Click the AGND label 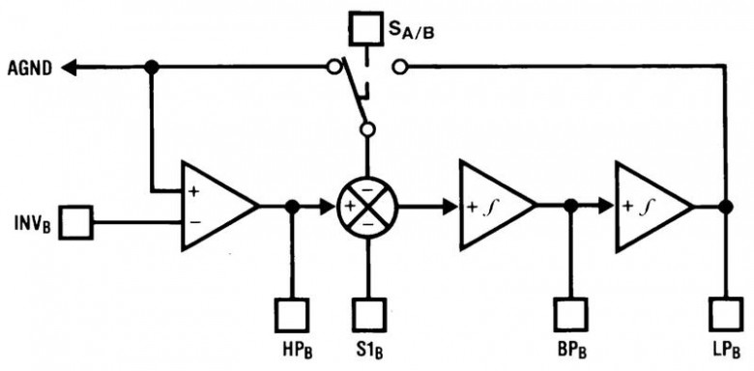tap(29, 69)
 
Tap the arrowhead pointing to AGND tap(70, 69)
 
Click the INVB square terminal tap(76, 222)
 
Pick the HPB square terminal tap(291, 315)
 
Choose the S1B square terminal tap(369, 315)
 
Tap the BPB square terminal tap(569, 315)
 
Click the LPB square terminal tap(726, 315)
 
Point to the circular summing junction tap(368, 207)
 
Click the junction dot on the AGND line tap(152, 68)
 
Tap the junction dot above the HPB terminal tap(292, 207)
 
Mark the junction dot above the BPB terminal tap(570, 206)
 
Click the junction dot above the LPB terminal tap(726, 207)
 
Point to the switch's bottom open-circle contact tap(368, 128)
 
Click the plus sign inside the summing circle tap(350, 207)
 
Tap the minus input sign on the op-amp tap(194, 222)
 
